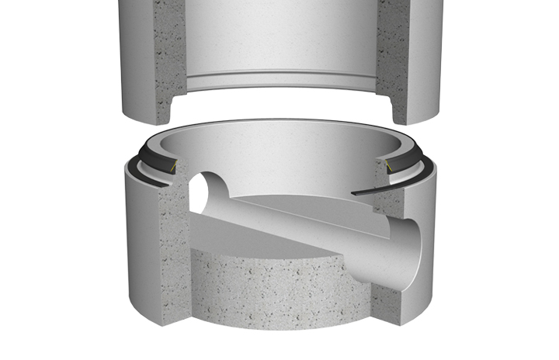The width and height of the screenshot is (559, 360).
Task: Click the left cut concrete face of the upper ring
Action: (x=171, y=62)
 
